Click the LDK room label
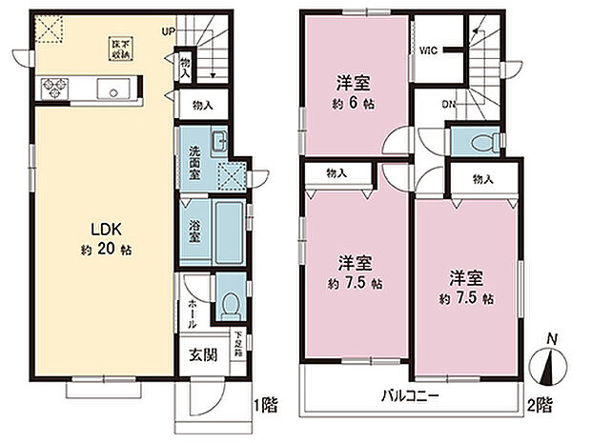pyautogui.click(x=104, y=229)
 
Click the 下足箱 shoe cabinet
pyautogui.click(x=238, y=342)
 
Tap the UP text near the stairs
pyautogui.click(x=169, y=30)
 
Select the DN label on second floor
pyautogui.click(x=447, y=106)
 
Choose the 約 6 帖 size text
pyautogui.click(x=352, y=104)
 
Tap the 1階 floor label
pyautogui.click(x=266, y=406)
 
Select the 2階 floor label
pyautogui.click(x=540, y=406)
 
